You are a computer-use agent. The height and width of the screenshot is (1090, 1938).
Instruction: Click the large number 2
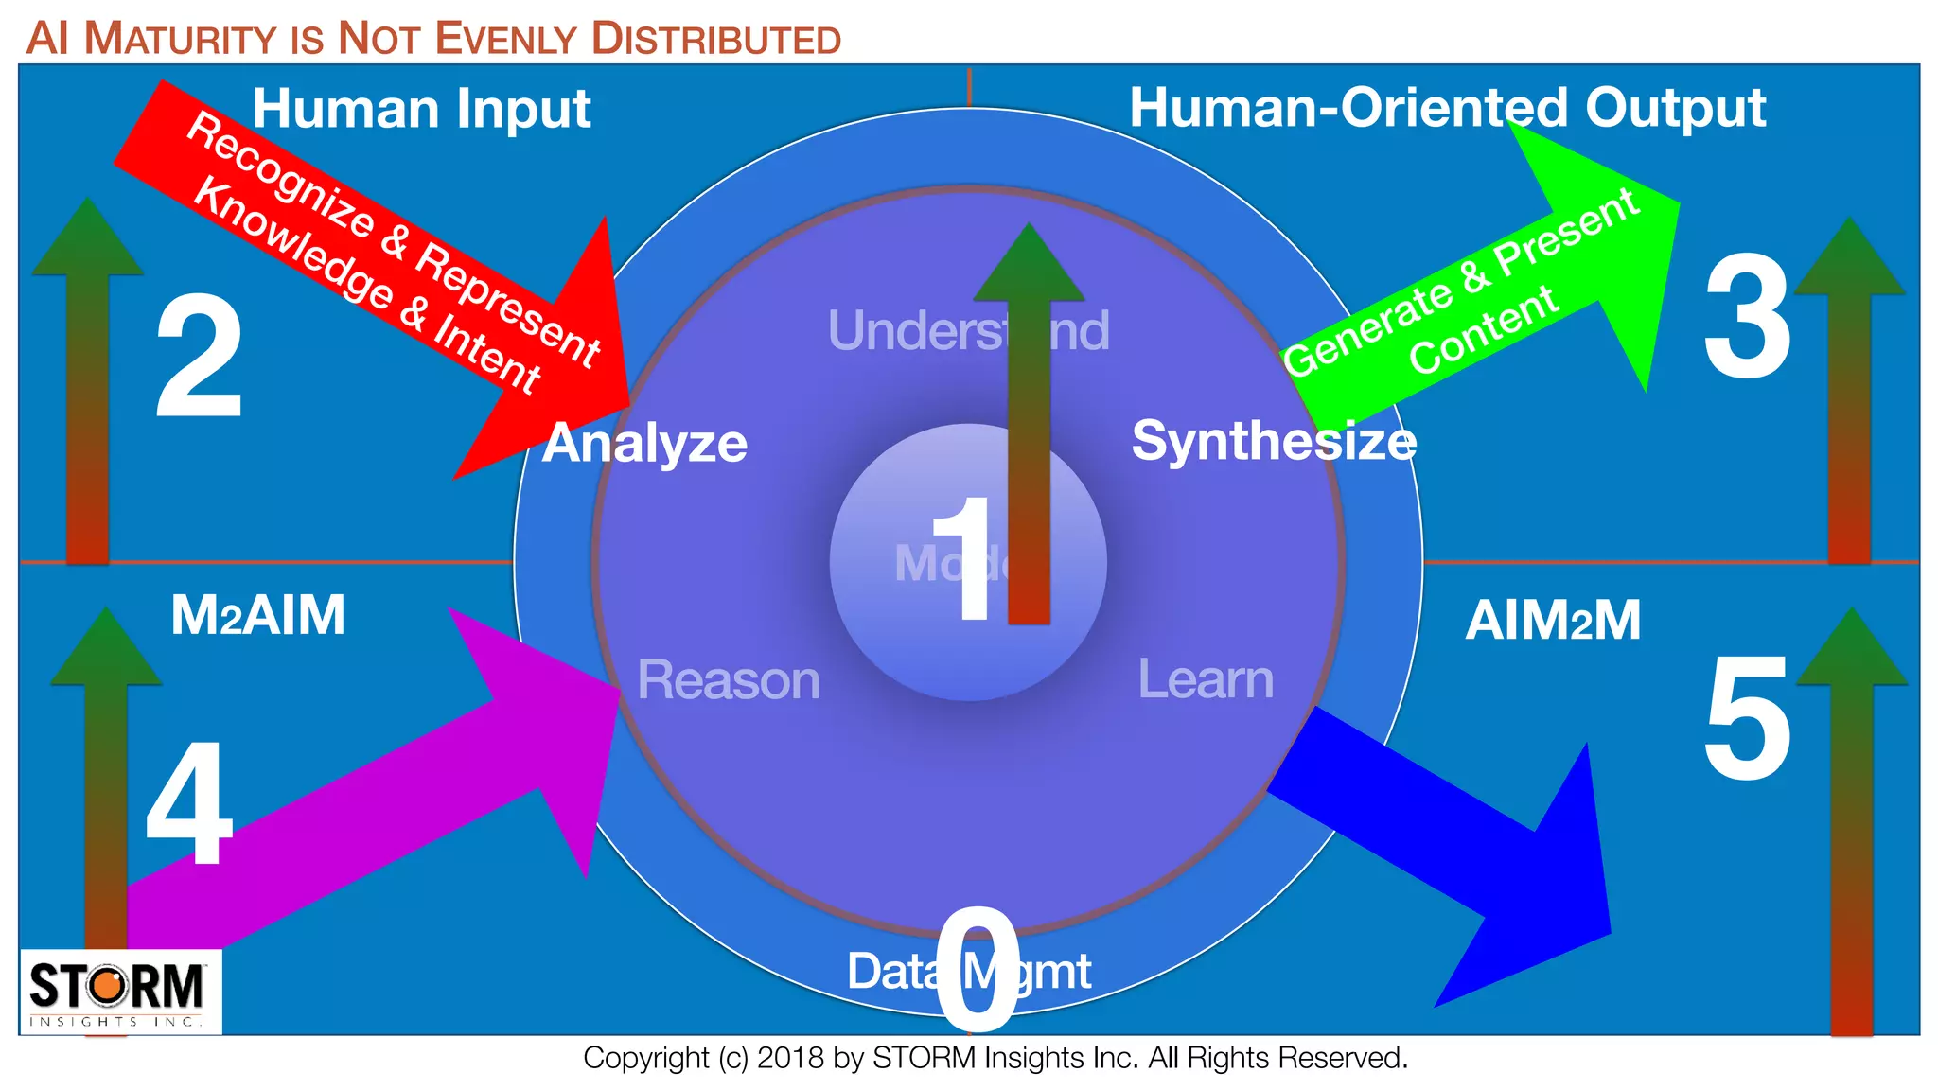(x=199, y=357)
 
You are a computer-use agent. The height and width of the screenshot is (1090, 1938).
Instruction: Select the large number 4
(x=189, y=803)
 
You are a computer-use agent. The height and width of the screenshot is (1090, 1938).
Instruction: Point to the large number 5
(x=1747, y=720)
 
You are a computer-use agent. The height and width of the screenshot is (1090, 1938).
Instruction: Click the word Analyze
(x=644, y=443)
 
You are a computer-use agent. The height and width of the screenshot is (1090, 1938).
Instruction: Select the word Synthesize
(x=1274, y=441)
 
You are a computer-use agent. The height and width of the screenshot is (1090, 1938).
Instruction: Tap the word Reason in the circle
(x=728, y=679)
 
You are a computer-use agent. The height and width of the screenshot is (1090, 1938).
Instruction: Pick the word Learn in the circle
(x=1206, y=678)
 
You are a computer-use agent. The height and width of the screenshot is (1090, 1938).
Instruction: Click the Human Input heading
(x=421, y=108)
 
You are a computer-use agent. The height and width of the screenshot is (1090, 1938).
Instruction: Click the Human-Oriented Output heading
(x=1447, y=107)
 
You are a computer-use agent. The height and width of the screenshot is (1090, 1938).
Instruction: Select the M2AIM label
(x=257, y=615)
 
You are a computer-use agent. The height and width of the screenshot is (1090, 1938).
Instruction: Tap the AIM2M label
(x=1553, y=621)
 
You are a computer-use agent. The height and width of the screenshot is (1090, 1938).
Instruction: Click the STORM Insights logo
(x=120, y=991)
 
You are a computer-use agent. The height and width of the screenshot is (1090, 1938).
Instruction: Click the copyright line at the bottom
(x=995, y=1058)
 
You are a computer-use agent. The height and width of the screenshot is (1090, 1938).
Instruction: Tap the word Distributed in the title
(x=715, y=40)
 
